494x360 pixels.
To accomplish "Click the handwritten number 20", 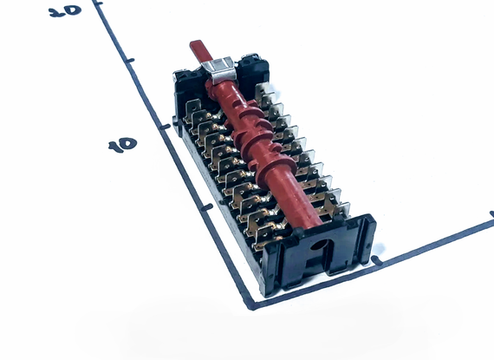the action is (x=65, y=11).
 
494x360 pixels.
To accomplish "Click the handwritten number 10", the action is (x=122, y=145).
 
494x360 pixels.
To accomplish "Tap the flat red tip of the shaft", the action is (x=201, y=50).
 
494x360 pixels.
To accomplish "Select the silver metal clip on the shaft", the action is (x=218, y=70).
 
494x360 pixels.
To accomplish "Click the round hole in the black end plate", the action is (x=319, y=245).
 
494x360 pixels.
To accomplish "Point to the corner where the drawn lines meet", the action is (x=251, y=305).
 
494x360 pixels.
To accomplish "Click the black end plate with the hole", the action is (x=318, y=252).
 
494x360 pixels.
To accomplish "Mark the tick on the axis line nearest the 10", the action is (x=165, y=127).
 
